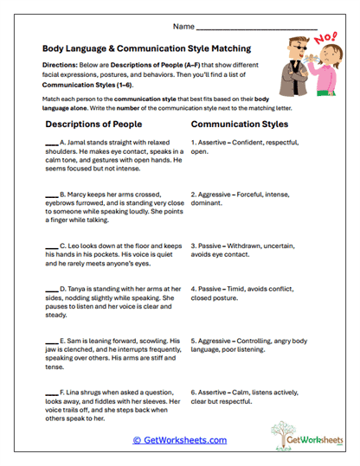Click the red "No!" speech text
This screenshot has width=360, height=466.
[327, 39]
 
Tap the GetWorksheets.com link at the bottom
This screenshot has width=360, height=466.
[180, 440]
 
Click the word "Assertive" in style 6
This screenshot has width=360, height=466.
[214, 391]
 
